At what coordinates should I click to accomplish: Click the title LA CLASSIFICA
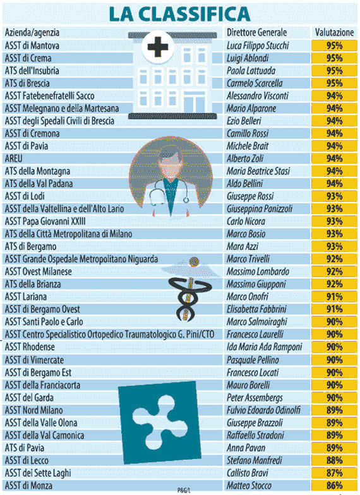(179, 14)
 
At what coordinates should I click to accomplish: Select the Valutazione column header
(334, 33)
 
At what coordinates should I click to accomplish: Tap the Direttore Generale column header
(256, 33)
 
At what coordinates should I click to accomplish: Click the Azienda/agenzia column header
(32, 33)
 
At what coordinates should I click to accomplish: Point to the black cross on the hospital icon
(158, 47)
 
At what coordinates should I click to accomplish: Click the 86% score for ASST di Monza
(335, 485)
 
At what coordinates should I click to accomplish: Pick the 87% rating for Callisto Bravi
(335, 472)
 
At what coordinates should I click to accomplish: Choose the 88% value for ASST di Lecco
(335, 460)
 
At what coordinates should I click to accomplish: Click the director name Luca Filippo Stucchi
(258, 45)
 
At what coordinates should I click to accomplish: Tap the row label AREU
(14, 158)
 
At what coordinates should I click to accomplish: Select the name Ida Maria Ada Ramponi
(264, 347)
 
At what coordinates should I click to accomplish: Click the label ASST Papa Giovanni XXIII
(45, 221)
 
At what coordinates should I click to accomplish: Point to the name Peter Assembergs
(255, 398)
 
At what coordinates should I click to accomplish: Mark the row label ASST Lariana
(25, 297)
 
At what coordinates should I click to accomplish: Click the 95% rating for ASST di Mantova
(335, 45)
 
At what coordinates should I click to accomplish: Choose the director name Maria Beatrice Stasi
(258, 170)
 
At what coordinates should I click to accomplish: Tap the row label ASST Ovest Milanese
(38, 271)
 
